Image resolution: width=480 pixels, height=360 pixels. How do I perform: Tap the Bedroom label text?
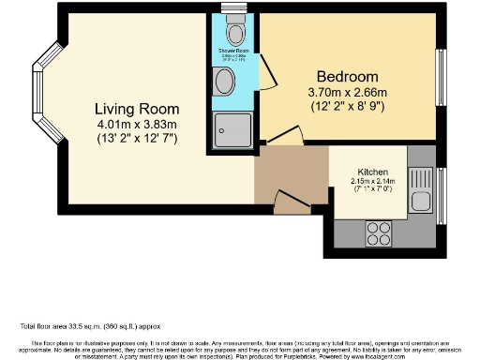(x=347, y=76)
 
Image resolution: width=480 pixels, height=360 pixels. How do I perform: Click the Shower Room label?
(x=232, y=52)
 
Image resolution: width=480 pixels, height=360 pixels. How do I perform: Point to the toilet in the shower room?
(x=232, y=33)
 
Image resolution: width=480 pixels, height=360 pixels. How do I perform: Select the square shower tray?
(x=231, y=129)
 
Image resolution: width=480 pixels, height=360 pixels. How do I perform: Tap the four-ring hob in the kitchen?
(x=379, y=229)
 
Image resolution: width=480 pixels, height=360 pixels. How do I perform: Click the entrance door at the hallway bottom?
(x=288, y=199)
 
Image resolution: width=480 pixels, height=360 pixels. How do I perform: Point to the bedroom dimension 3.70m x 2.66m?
(x=347, y=93)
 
